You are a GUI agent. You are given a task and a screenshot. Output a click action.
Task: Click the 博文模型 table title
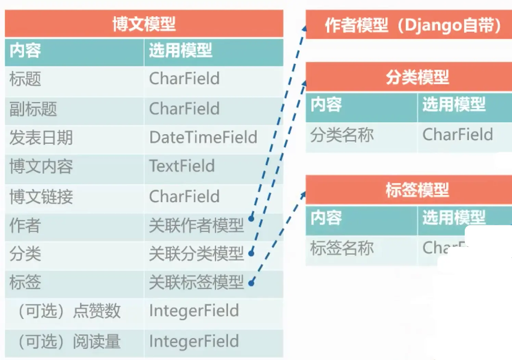tap(144, 24)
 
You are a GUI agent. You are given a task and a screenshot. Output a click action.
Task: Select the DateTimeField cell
tap(203, 138)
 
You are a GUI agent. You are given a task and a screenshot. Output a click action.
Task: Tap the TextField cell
tap(182, 166)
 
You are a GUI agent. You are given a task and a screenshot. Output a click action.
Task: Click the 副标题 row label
tap(33, 110)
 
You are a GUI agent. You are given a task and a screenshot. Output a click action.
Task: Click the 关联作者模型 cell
tap(196, 226)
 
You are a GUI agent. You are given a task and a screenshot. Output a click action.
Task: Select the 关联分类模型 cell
tap(196, 254)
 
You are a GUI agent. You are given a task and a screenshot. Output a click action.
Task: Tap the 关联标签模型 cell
tap(196, 283)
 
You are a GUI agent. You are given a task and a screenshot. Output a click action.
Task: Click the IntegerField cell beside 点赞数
tap(194, 311)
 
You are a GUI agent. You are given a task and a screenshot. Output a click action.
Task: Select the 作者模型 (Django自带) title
tap(412, 25)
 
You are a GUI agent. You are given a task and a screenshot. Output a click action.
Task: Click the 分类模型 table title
tap(417, 77)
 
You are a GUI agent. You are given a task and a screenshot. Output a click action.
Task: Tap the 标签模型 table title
tap(417, 190)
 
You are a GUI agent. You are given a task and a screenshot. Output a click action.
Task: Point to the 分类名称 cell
tap(342, 135)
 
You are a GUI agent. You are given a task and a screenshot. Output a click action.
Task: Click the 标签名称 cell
tap(342, 248)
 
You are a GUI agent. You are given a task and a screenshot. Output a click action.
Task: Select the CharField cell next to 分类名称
tap(458, 135)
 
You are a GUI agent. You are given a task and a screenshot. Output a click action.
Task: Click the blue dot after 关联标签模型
tap(252, 283)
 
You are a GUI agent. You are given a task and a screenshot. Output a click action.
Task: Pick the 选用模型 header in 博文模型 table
tap(181, 51)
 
